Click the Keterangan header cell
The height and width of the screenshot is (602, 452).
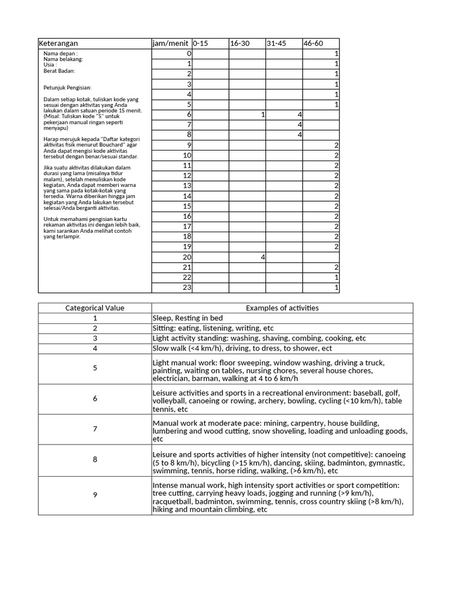point(58,44)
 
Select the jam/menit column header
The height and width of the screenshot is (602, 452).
point(170,44)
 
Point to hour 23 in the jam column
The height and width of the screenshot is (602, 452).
point(187,287)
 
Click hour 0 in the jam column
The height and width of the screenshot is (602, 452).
point(189,53)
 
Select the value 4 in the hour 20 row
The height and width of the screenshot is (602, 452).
point(262,257)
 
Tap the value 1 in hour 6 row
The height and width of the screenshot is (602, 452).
point(262,115)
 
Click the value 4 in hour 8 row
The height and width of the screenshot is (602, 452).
point(300,135)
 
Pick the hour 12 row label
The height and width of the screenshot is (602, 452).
point(187,175)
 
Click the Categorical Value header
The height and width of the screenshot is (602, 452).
point(95,308)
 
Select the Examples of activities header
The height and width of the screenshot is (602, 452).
point(282,308)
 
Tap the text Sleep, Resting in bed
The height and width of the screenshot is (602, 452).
point(188,318)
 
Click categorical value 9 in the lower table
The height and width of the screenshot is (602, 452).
point(95,495)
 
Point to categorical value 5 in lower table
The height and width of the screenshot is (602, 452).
point(95,368)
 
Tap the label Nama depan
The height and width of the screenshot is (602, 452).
point(61,53)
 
